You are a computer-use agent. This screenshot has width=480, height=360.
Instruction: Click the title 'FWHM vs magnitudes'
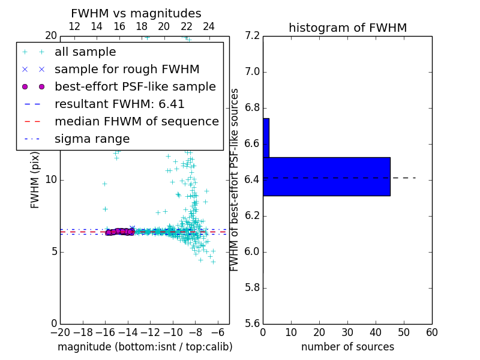136,13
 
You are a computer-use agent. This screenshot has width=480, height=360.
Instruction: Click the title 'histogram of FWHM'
347,28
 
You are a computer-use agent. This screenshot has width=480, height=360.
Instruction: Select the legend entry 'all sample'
85,52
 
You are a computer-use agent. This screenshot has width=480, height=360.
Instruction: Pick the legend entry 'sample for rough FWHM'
127,69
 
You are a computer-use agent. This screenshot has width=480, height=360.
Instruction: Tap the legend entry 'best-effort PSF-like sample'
135,86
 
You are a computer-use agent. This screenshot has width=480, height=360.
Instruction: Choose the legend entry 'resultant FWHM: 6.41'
119,104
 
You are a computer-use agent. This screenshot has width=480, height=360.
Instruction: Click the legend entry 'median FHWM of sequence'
136,121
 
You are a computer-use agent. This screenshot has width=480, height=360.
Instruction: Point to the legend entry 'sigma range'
92,139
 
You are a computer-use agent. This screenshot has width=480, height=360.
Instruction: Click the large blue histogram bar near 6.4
326,176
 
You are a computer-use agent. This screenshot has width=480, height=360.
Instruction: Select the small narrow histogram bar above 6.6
266,137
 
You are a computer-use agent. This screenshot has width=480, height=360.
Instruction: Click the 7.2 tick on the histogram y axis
252,36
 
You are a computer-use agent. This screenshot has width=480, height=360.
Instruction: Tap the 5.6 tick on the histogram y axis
252,323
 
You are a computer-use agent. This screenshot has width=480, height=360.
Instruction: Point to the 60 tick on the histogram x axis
431,332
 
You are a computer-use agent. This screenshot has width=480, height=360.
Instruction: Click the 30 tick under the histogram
347,332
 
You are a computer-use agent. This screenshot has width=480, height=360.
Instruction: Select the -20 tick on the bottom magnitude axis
60,332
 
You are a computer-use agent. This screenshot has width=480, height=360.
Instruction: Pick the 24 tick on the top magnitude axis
209,26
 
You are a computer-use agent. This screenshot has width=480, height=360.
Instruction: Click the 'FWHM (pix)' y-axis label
35,179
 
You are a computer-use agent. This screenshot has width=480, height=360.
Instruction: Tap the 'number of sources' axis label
347,347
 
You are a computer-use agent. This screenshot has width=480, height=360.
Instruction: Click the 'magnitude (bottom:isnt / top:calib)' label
145,347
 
